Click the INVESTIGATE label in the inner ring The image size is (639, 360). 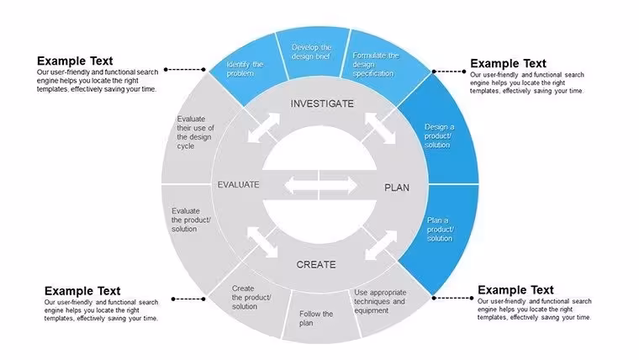point(322,104)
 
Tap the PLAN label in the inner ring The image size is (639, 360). point(397,188)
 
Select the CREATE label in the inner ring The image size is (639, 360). point(316,265)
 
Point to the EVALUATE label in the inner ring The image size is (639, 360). point(239,185)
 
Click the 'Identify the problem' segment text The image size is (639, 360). point(245,69)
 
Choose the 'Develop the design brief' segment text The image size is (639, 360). point(311,52)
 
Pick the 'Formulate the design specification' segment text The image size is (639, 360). point(375,65)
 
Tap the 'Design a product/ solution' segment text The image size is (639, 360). point(439,135)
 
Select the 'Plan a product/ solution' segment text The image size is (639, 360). point(440,229)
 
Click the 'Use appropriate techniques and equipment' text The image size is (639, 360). point(380,302)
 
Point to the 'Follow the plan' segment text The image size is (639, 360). point(316,319)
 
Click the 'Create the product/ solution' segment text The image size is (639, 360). point(251,298)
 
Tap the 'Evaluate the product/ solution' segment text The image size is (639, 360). point(191,220)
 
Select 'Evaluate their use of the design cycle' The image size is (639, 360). point(195,133)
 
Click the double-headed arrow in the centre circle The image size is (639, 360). point(320,186)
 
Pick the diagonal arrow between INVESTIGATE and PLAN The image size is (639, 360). point(380,128)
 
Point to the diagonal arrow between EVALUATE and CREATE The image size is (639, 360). point(262,242)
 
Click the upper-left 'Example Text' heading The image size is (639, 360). point(75,61)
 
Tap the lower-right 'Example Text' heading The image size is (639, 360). point(515,290)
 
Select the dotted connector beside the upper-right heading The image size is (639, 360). point(449,71)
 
